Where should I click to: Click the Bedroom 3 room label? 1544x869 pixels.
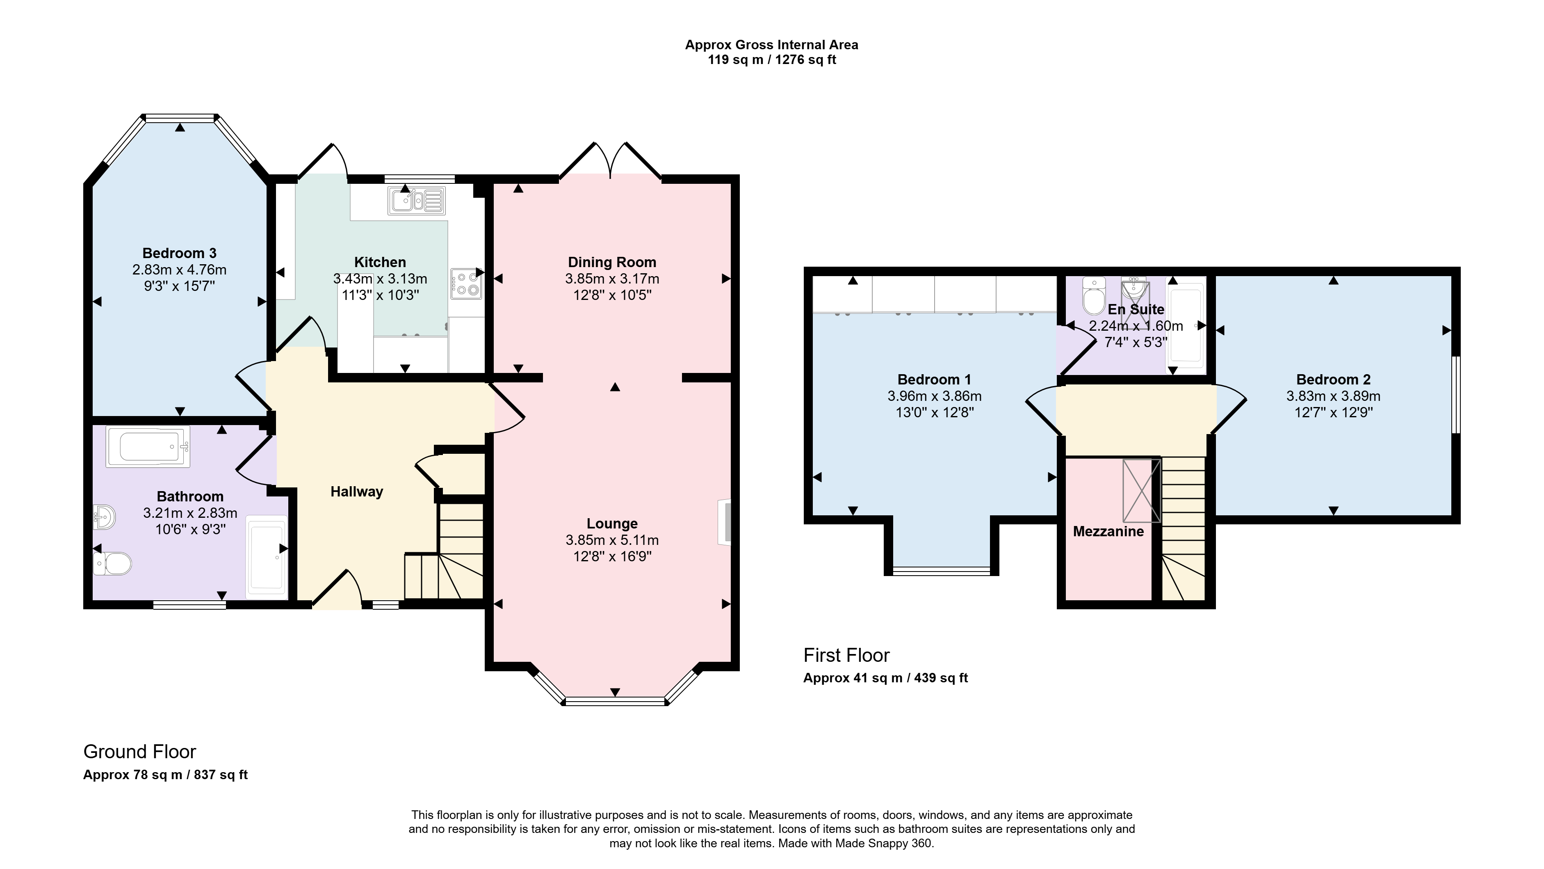pyautogui.click(x=179, y=253)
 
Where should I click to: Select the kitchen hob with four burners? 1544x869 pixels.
pyautogui.click(x=466, y=284)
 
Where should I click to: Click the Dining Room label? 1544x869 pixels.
pyautogui.click(x=612, y=262)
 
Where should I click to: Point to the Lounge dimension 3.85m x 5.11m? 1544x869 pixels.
pyautogui.click(x=612, y=540)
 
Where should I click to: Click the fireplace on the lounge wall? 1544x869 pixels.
pyautogui.click(x=725, y=522)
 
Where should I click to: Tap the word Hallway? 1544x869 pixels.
pyautogui.click(x=357, y=492)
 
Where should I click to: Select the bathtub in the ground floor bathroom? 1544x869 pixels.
pyautogui.click(x=148, y=446)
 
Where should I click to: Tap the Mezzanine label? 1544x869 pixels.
pyautogui.click(x=1108, y=531)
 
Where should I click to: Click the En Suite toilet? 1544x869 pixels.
pyautogui.click(x=1094, y=295)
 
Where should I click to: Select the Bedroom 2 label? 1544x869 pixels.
pyautogui.click(x=1333, y=380)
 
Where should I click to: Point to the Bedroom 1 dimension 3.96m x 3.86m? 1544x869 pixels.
pyautogui.click(x=935, y=396)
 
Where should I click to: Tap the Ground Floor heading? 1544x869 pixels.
pyautogui.click(x=140, y=752)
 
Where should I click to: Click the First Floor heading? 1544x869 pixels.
pyautogui.click(x=846, y=656)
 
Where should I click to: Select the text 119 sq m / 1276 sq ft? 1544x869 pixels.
pyautogui.click(x=772, y=60)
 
